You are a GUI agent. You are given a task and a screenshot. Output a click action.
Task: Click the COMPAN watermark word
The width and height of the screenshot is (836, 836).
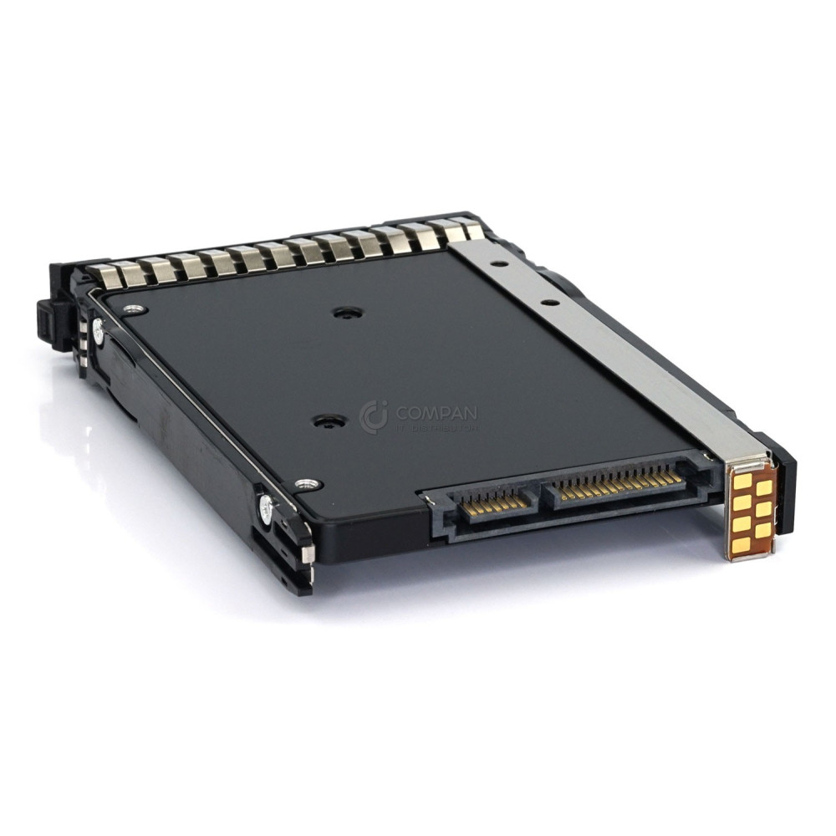437,412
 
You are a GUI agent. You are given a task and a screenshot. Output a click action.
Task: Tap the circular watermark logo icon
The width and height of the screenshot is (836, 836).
373,416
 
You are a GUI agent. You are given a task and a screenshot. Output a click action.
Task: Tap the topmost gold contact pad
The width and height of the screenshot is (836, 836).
742,482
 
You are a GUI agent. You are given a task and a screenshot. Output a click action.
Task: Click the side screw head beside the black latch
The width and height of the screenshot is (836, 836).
99,333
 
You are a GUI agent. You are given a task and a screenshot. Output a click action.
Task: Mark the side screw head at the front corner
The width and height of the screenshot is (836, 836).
266,505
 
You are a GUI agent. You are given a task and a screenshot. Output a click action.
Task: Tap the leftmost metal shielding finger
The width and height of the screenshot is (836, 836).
102,274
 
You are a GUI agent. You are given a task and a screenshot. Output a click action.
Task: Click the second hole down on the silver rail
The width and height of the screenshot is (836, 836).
548,303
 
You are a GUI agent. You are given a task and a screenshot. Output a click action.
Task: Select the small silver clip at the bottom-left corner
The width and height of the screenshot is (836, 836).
306,554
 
